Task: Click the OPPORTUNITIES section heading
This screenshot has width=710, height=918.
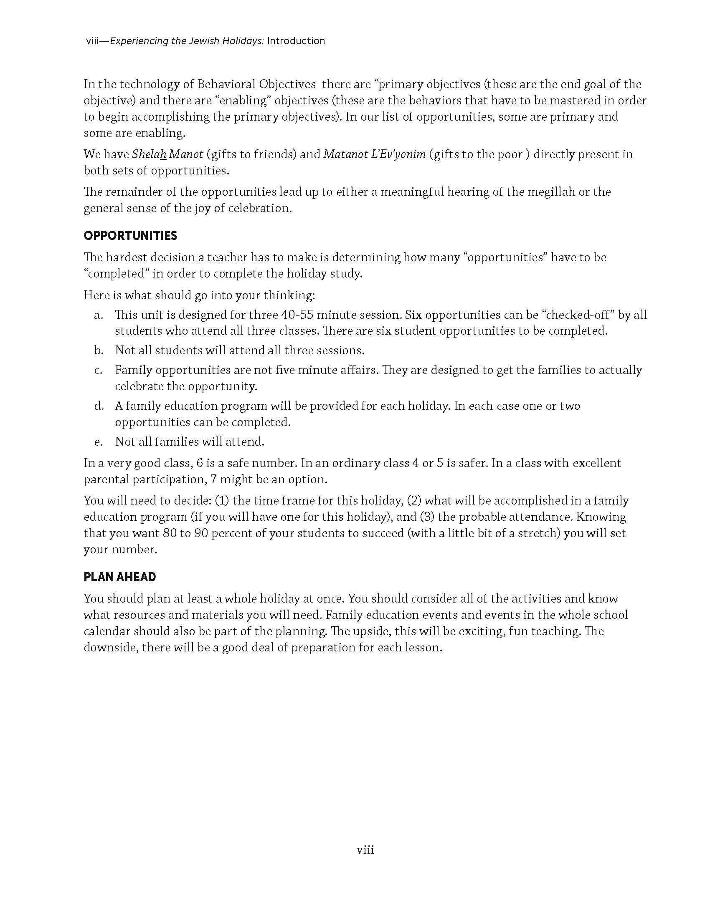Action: tap(130, 236)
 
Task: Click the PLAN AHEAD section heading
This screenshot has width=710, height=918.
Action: tap(120, 577)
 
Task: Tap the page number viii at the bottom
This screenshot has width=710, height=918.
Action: tap(365, 850)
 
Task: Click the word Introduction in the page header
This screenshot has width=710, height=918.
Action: tap(296, 41)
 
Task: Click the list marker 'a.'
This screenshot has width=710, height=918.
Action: tap(99, 315)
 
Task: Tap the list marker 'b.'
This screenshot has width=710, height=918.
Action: tap(99, 350)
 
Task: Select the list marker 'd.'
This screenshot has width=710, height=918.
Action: tap(99, 406)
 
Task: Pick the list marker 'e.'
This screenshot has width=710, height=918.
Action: tap(99, 442)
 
